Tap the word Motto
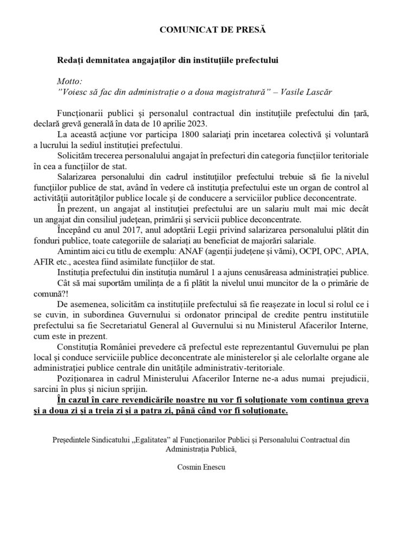click(69, 81)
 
